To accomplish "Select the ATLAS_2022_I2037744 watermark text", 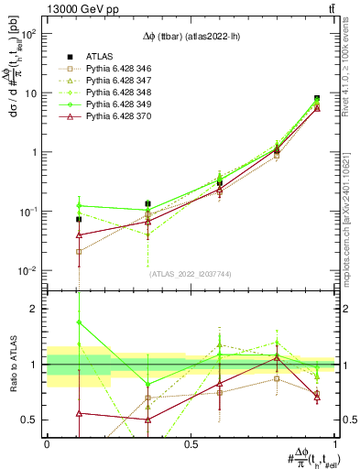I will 191,273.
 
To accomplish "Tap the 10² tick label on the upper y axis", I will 28,34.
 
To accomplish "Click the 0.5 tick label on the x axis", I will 191,444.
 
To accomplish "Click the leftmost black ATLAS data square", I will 79,219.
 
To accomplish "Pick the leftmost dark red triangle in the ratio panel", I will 79,413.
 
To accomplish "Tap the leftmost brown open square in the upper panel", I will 79,251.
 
